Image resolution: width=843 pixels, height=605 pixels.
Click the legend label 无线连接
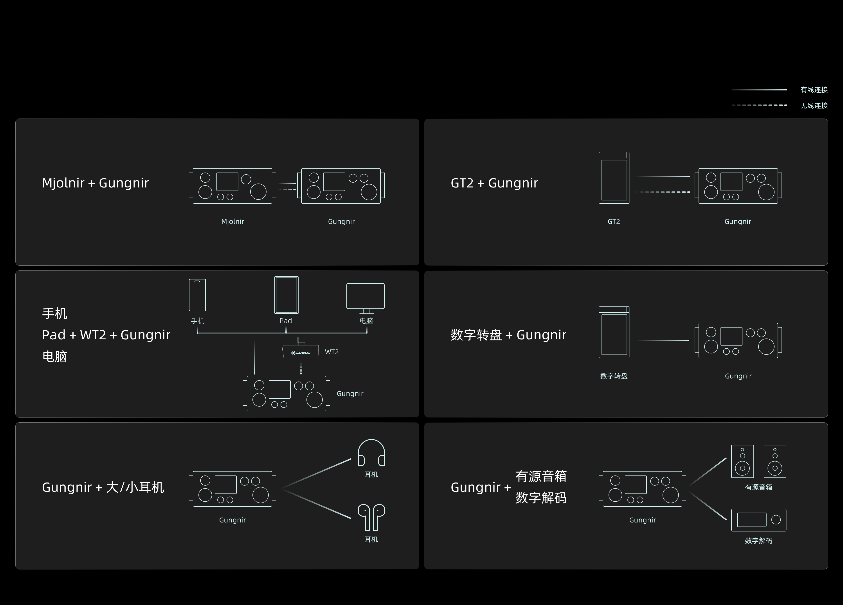point(814,106)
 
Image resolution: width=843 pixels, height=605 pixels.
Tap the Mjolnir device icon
point(232,186)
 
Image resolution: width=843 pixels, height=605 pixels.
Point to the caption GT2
point(614,221)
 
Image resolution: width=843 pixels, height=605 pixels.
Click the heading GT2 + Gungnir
point(494,183)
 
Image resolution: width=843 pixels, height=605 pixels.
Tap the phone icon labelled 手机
point(197,295)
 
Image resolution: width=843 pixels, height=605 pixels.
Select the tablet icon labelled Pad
point(286,295)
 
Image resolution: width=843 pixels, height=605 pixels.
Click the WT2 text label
point(331,352)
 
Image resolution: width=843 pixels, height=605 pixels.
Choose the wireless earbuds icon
point(371,517)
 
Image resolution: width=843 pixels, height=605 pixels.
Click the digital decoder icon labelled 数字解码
point(759,520)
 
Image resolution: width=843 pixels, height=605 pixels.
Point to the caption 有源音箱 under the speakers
point(759,487)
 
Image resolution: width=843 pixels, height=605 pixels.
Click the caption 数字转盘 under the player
point(614,376)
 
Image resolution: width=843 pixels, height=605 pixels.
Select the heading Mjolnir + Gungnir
point(95,183)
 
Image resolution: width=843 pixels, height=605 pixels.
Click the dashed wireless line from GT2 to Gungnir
point(663,192)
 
